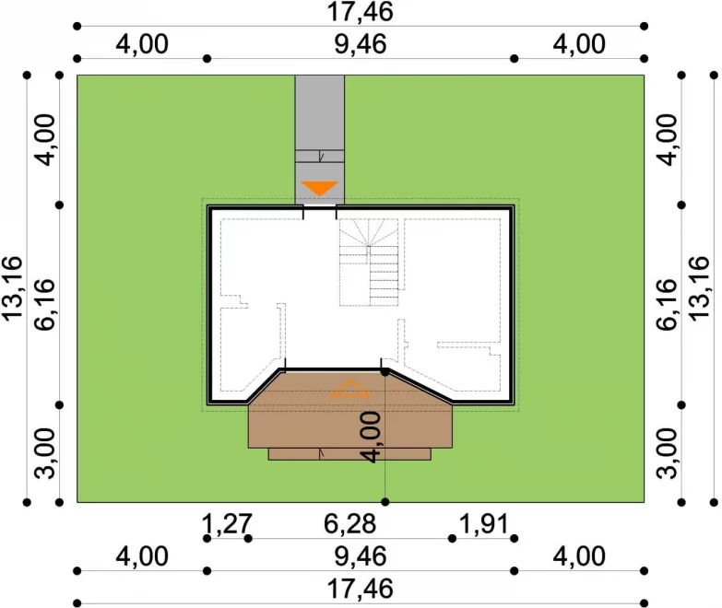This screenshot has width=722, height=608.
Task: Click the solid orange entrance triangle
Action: [x=320, y=188]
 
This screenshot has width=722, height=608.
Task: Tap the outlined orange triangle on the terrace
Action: [x=350, y=389]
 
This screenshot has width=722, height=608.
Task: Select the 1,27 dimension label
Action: [x=227, y=524]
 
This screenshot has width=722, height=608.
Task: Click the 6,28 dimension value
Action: [x=350, y=524]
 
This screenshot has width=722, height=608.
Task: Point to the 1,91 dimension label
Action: [x=484, y=524]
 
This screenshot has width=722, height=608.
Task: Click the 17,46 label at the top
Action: [x=361, y=12]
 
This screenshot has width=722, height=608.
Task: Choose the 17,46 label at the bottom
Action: [x=361, y=590]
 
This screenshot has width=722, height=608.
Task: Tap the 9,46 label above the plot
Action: [x=361, y=44]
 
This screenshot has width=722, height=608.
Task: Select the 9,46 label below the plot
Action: [x=361, y=556]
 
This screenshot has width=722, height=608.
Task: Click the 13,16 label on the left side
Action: [x=12, y=288]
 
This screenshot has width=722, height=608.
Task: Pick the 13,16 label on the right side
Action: [x=699, y=288]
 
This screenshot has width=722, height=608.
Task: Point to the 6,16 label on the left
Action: [x=45, y=304]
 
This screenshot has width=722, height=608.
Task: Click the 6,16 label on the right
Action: [x=667, y=304]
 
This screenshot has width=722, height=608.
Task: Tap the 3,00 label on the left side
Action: [x=45, y=453]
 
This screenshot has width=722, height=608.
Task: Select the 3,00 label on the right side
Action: [x=667, y=453]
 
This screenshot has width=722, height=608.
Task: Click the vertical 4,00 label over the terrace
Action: [x=370, y=437]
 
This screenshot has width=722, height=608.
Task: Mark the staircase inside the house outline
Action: [x=369, y=263]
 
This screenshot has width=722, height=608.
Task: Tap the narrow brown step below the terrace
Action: [x=349, y=454]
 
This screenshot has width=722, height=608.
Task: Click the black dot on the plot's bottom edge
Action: [x=385, y=502]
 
